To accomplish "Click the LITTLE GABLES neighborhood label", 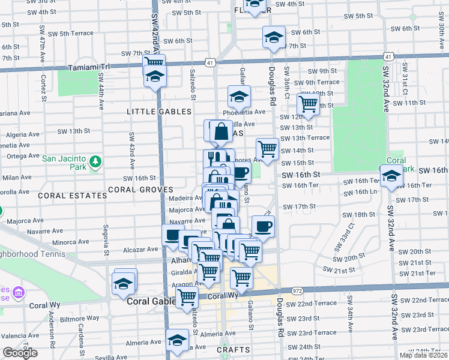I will [159, 112].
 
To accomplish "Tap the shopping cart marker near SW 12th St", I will [308, 103].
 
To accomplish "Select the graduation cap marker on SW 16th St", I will [391, 177].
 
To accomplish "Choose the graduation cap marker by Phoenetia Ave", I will [239, 96].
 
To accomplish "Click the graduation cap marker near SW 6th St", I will [274, 37].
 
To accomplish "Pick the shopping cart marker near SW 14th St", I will [267, 148].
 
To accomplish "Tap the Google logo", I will [20, 353].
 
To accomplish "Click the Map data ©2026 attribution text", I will [423, 355].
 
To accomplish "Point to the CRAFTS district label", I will [230, 349].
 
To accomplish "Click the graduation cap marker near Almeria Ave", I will [177, 341].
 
